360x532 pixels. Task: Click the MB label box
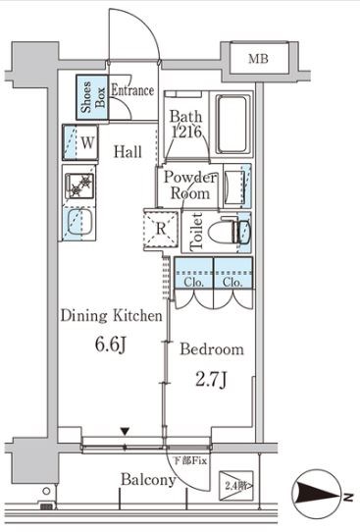(x=259, y=58)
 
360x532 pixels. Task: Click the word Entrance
(x=132, y=90)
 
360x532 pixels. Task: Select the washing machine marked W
(x=80, y=142)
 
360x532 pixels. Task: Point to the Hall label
(x=128, y=152)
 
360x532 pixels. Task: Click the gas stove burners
(x=79, y=186)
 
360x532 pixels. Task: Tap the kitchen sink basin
(x=79, y=222)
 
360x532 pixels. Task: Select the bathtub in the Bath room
(x=232, y=125)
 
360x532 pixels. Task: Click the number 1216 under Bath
(x=186, y=132)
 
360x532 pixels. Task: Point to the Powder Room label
(x=190, y=186)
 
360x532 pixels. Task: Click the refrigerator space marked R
(x=161, y=229)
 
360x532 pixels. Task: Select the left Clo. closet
(x=194, y=273)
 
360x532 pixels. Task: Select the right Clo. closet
(x=232, y=273)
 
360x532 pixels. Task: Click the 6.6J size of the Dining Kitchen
(x=111, y=346)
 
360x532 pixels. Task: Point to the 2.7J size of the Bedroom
(x=211, y=380)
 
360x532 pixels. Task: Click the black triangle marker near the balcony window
(x=126, y=432)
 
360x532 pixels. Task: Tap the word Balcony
(x=148, y=480)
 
